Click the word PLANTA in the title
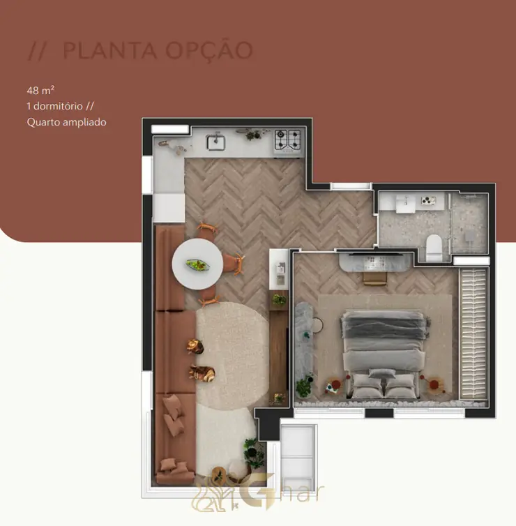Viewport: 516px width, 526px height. [109, 50]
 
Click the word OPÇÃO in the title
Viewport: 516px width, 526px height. [209, 51]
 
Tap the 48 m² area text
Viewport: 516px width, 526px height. [40, 90]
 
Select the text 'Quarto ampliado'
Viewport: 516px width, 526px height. [66, 122]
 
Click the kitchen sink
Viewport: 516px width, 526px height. [215, 142]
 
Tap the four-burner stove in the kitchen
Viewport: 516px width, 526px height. [288, 140]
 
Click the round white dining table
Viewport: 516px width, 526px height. [197, 264]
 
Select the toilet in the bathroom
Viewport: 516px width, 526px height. [434, 248]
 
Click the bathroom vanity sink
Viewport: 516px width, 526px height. [405, 202]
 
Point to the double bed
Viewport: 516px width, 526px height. [384, 354]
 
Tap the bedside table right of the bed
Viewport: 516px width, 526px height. [434, 385]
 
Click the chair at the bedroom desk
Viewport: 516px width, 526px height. [375, 278]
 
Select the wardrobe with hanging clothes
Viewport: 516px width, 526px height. [473, 333]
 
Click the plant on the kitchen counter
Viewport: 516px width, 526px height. [253, 135]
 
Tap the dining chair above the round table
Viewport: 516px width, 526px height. [208, 229]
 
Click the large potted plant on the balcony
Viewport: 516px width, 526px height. [255, 453]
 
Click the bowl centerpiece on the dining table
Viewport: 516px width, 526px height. [198, 265]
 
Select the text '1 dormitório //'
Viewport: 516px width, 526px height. [61, 106]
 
